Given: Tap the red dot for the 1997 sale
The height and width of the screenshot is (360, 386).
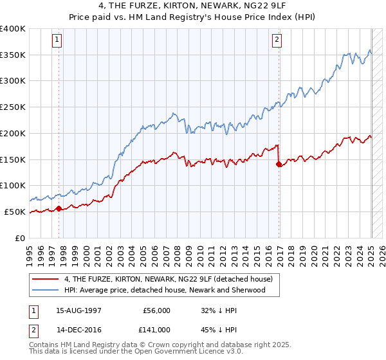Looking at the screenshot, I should tap(59, 208).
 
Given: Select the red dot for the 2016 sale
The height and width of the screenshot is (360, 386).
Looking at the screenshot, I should tap(279, 164).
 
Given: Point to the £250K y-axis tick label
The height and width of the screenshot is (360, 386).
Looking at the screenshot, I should tap(13, 107).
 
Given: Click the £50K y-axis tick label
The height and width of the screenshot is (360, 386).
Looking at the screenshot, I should tap(15, 212).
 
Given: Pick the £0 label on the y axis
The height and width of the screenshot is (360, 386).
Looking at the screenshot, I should tap(19, 238).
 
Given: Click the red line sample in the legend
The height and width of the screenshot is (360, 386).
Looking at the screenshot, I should tap(45, 279).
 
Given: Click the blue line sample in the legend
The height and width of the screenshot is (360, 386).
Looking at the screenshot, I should tap(45, 290).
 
